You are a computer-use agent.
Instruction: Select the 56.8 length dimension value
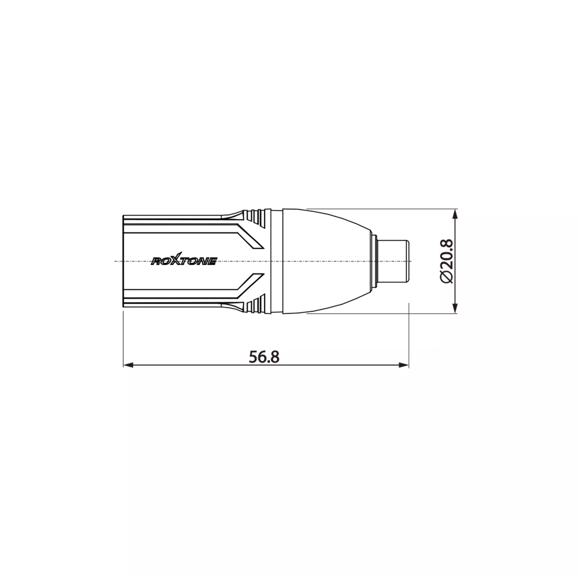264,357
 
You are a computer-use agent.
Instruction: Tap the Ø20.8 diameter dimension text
447,261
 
